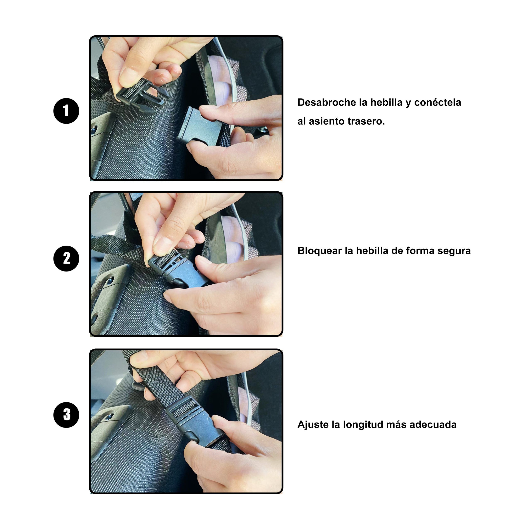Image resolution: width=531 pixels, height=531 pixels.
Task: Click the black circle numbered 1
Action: [x=66, y=111]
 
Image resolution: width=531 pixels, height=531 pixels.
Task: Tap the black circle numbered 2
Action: [x=66, y=259]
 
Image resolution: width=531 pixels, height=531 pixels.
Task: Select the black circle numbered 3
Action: [x=66, y=415]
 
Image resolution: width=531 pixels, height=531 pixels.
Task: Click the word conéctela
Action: [x=437, y=102]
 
